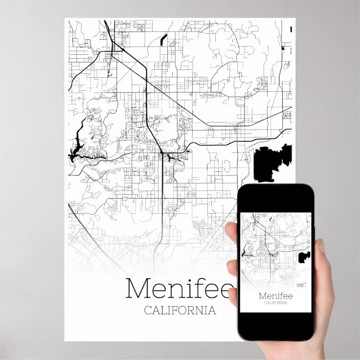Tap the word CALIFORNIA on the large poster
(x=180, y=311)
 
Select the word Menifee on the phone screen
(x=275, y=295)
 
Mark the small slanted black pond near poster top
(x=163, y=39)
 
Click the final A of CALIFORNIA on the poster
(x=212, y=311)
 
